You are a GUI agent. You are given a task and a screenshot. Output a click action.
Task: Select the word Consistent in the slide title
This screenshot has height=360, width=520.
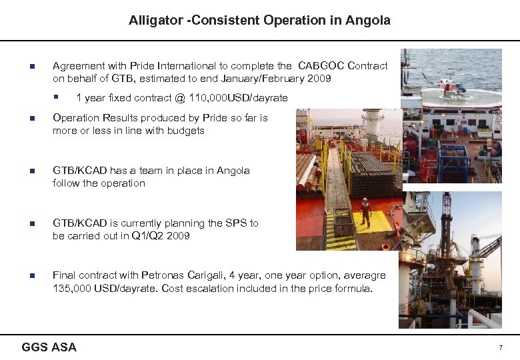pos(225,21)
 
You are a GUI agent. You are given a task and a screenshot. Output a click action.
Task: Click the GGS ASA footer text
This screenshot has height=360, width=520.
pos(49,347)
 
